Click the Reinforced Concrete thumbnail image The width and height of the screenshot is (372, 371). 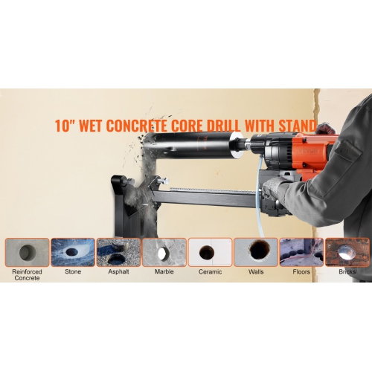pyautogui.click(x=27, y=252)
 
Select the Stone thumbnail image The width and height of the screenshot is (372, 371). pyautogui.click(x=72, y=252)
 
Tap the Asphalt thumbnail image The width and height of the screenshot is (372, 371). pyautogui.click(x=118, y=252)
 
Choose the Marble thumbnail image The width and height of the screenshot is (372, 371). pyautogui.click(x=164, y=252)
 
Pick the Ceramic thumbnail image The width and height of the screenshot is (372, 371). pyautogui.click(x=210, y=252)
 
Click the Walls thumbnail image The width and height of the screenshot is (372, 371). pyautogui.click(x=256, y=252)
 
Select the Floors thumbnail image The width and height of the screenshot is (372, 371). pyautogui.click(x=301, y=252)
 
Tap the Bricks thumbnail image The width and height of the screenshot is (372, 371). pyautogui.click(x=347, y=252)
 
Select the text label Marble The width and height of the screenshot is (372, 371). pyautogui.click(x=164, y=273)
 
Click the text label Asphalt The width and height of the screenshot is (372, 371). pyautogui.click(x=118, y=273)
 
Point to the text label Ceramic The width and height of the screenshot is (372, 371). pyautogui.click(x=210, y=273)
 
